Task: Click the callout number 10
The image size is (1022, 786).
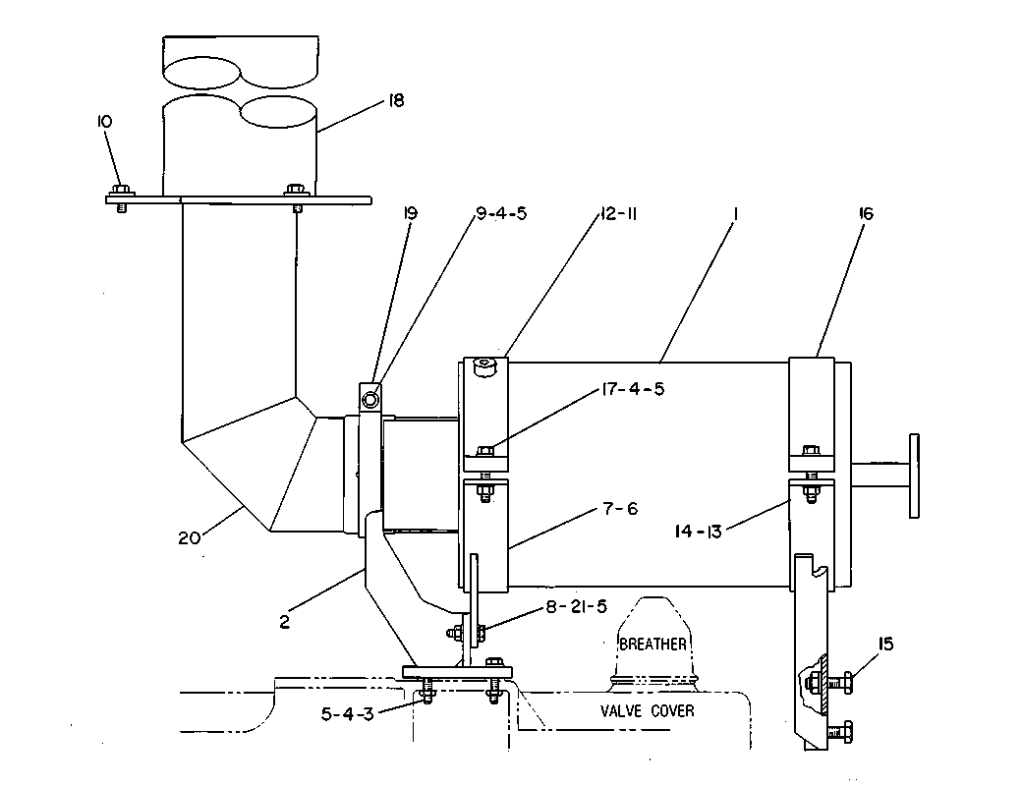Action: (x=104, y=121)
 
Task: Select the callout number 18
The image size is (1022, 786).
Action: (x=396, y=100)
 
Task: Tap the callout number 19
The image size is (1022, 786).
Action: (x=410, y=213)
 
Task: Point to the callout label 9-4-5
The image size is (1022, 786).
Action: (x=501, y=213)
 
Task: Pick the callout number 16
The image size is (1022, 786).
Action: (x=866, y=213)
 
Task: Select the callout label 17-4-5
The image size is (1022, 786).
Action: (x=632, y=389)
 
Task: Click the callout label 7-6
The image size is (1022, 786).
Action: (x=620, y=508)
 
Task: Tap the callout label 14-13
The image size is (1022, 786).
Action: (x=698, y=532)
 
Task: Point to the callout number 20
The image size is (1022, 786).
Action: (x=189, y=538)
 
